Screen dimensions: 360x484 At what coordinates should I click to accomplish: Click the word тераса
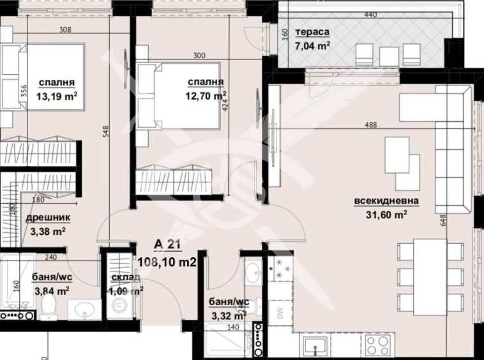click(x=312, y=32)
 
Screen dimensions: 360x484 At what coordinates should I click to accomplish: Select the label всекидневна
click(x=386, y=202)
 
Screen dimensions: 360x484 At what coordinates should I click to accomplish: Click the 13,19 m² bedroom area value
click(x=57, y=96)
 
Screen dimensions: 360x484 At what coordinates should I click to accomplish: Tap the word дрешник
click(x=48, y=219)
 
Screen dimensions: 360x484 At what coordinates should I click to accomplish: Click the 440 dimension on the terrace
click(x=370, y=15)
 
